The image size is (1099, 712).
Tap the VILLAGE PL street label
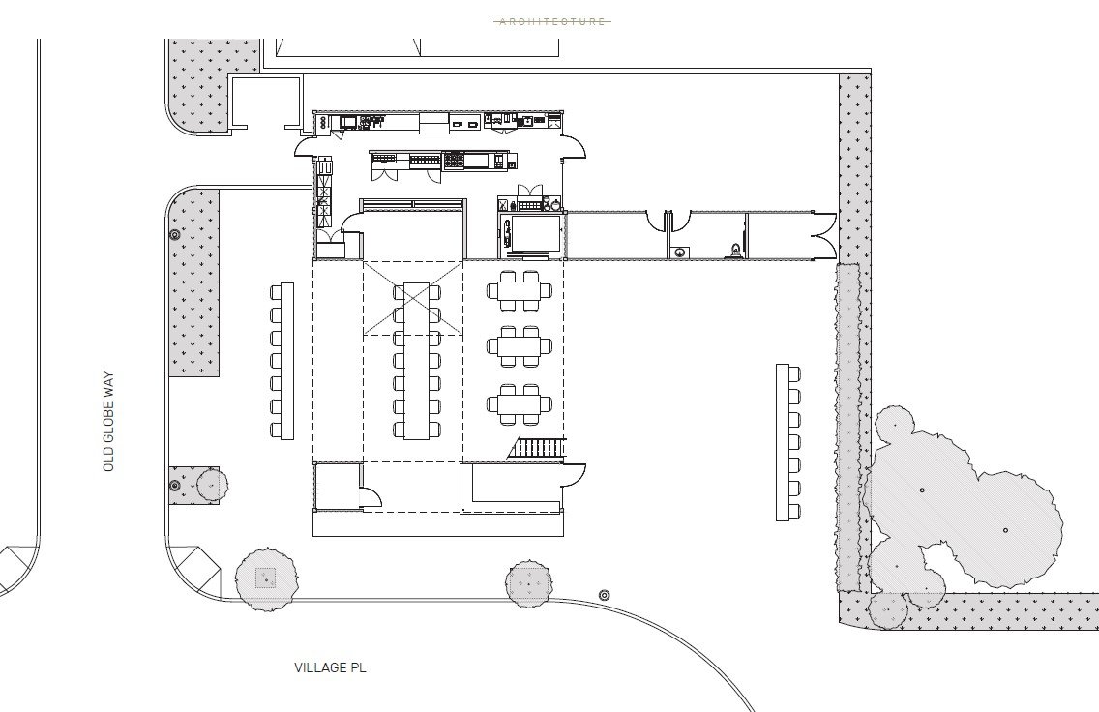coord(331,667)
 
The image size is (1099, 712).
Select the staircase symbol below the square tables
coord(538,449)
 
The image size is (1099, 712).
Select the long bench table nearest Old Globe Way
coord(282,361)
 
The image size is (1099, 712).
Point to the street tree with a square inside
coord(264,578)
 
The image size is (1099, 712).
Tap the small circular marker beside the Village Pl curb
coord(605,594)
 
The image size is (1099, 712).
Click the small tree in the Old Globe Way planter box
coord(208,483)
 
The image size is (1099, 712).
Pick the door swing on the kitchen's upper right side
coord(575,148)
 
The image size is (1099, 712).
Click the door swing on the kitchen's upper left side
coord(305,148)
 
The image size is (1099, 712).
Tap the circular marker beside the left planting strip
coord(175,234)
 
